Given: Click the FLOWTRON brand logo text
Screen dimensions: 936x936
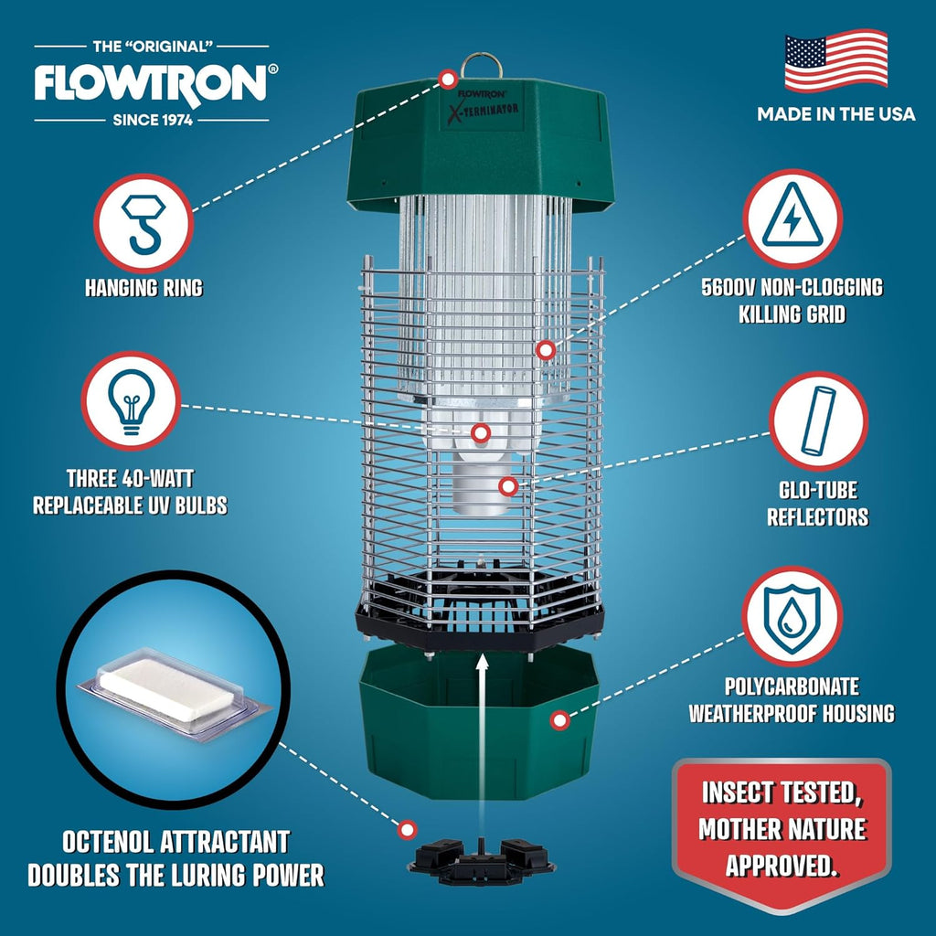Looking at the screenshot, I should tap(151, 83).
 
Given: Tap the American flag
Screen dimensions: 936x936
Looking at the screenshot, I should tap(835, 61).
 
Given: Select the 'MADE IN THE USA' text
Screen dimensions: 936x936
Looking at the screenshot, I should tap(835, 114).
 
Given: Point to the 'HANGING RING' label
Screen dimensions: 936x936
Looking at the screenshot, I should tap(144, 288).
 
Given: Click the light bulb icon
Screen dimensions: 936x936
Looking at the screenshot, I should tap(131, 401).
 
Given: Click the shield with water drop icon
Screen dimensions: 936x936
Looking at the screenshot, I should tap(792, 615).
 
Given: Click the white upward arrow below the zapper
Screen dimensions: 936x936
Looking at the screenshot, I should tap(483, 722).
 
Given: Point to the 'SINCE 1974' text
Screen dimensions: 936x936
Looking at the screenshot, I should tap(152, 120).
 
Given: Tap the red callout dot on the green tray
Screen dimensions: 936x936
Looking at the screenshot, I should tap(558, 721).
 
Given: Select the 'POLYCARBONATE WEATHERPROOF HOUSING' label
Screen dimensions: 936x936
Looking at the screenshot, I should tap(792, 699).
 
